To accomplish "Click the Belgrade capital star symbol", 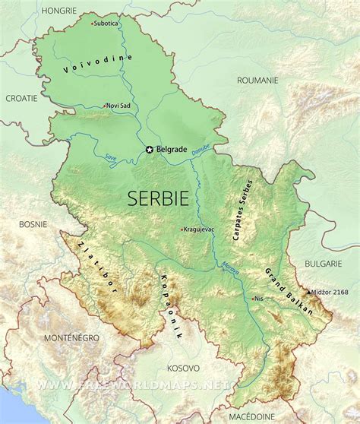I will click(149, 150).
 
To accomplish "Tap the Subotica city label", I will click(107, 23).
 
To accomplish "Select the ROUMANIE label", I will click(259, 79).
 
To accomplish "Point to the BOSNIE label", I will click(33, 224).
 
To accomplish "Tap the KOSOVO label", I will click(183, 367).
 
